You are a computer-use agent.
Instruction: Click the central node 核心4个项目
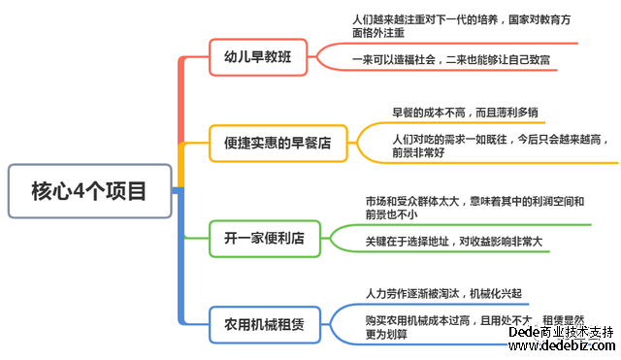coord(89,191)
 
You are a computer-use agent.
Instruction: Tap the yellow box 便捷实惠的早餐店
coord(278,144)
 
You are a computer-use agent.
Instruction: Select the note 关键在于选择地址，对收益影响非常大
coord(453,241)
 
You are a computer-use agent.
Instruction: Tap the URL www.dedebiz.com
coord(563,345)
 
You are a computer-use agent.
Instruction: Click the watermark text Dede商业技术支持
coord(561,331)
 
